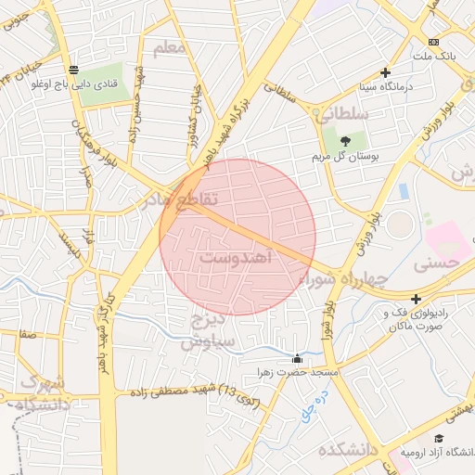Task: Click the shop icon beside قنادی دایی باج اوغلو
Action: (x=73, y=69)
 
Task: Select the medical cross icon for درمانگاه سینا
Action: (x=386, y=72)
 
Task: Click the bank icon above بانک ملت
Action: (x=433, y=43)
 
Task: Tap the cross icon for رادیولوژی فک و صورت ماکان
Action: (x=417, y=299)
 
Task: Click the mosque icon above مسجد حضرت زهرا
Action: (x=297, y=358)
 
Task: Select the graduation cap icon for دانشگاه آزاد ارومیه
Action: (x=439, y=439)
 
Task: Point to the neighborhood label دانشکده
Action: (x=353, y=451)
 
